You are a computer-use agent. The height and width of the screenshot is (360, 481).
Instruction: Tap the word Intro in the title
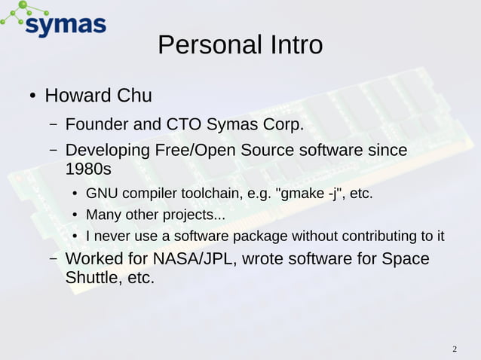click(x=292, y=45)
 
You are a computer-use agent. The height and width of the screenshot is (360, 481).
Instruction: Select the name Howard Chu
click(x=99, y=96)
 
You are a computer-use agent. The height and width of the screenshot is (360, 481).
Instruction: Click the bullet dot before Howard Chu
click(x=33, y=97)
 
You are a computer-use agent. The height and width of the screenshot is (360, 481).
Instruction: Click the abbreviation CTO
click(x=183, y=124)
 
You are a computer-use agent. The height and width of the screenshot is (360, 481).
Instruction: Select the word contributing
click(x=381, y=237)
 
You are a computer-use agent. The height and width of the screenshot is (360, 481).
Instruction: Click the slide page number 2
click(x=455, y=349)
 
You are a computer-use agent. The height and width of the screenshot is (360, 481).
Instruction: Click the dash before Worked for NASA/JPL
click(x=54, y=260)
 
